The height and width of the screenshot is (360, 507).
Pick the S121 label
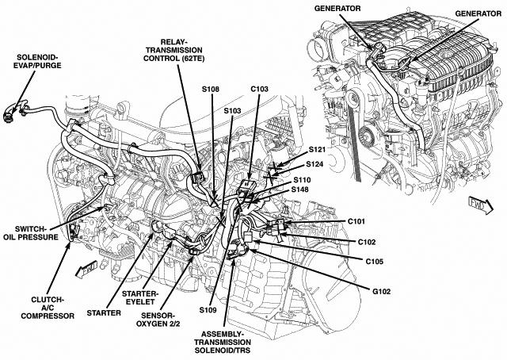click(318, 150)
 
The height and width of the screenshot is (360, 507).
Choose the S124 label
click(318, 165)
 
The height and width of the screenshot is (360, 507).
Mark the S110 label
click(300, 180)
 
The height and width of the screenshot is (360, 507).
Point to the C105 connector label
click(375, 260)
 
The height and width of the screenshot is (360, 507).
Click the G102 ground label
click(383, 290)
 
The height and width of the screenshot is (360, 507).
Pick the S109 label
click(208, 308)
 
